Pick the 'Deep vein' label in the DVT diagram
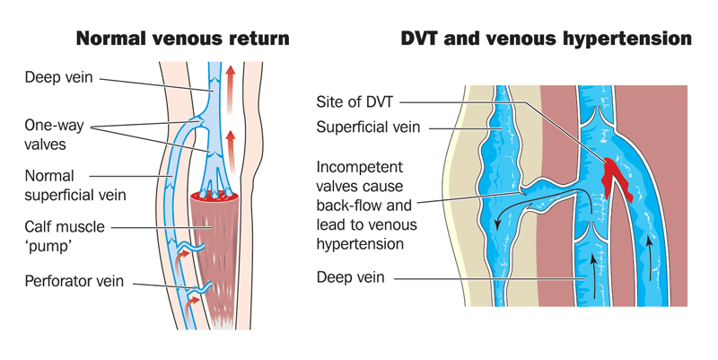pyautogui.click(x=351, y=278)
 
